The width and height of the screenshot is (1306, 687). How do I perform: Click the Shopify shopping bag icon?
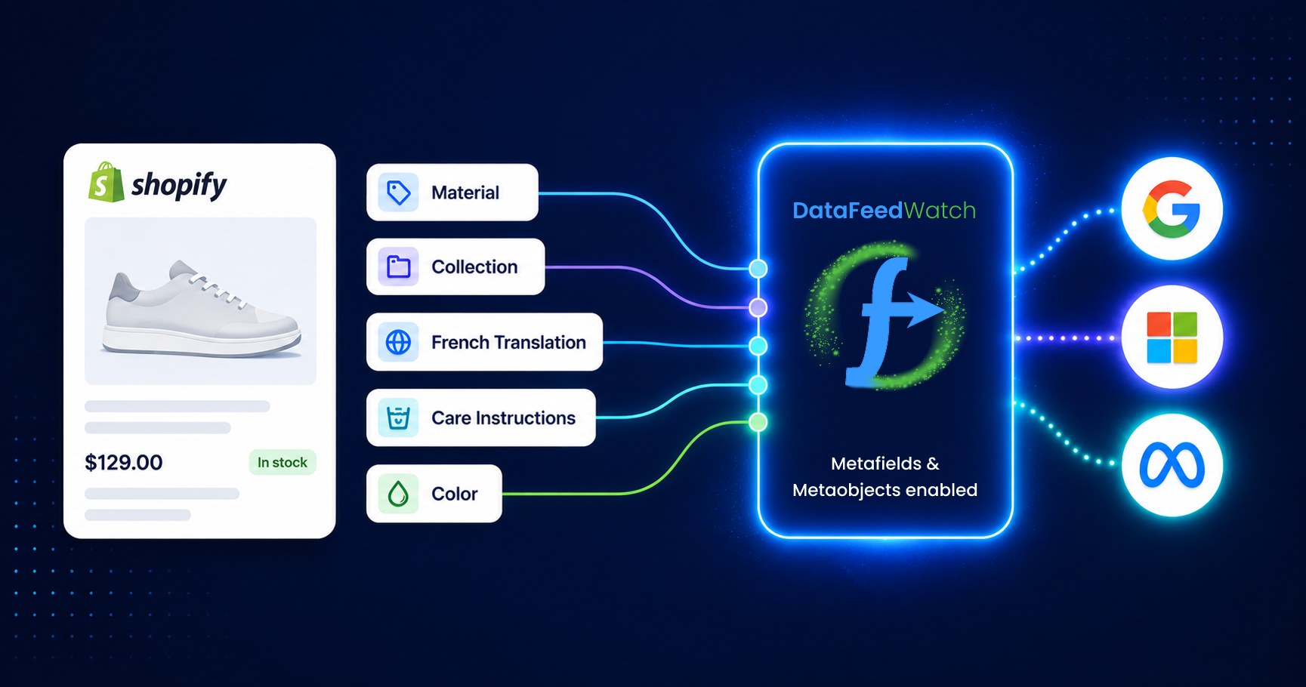tap(106, 182)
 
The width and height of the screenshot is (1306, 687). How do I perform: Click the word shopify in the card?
tap(179, 185)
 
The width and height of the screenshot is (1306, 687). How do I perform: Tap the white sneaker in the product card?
tap(202, 308)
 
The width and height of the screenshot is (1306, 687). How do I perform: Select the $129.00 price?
tap(124, 462)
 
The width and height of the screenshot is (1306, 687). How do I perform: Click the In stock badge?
tap(283, 462)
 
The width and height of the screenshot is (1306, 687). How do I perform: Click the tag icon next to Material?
tap(398, 193)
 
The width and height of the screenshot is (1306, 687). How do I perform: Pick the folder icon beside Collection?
tap(398, 266)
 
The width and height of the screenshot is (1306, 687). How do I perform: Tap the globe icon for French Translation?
tap(398, 342)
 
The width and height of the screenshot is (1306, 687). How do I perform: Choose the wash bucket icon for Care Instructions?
tap(398, 417)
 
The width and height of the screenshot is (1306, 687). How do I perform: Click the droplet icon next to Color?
tap(398, 494)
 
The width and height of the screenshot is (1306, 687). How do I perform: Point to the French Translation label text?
tap(508, 342)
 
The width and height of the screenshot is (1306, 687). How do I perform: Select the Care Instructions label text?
tap(503, 417)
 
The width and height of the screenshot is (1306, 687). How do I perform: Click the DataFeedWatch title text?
tap(885, 210)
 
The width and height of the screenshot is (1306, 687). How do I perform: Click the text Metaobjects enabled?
tap(885, 490)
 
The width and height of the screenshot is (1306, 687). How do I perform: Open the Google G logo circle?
tap(1172, 208)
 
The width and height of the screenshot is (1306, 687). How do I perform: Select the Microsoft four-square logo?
tap(1172, 337)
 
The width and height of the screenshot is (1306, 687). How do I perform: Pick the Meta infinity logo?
tap(1172, 466)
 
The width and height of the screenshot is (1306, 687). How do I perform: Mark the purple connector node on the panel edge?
tap(758, 307)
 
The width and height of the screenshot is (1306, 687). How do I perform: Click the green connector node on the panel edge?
tap(758, 422)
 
